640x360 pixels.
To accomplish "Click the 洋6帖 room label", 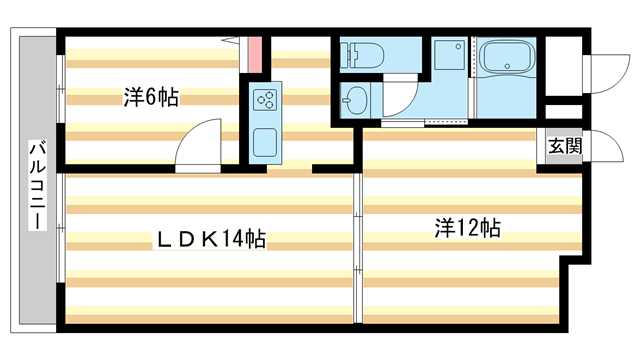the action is click(x=151, y=97).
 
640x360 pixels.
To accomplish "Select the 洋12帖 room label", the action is click(x=467, y=228).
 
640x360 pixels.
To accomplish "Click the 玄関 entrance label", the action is click(x=563, y=146).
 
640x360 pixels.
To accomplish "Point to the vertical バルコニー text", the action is click(x=35, y=186).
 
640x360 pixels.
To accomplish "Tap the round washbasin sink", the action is click(x=357, y=100).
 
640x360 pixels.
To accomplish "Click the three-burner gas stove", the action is click(x=265, y=98).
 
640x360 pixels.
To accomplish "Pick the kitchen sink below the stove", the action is click(x=264, y=141).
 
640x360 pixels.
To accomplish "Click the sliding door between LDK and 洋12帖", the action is click(x=356, y=240).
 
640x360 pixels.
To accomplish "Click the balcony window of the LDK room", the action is click(x=61, y=245).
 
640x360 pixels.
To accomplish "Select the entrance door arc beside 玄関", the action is click(x=600, y=145).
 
